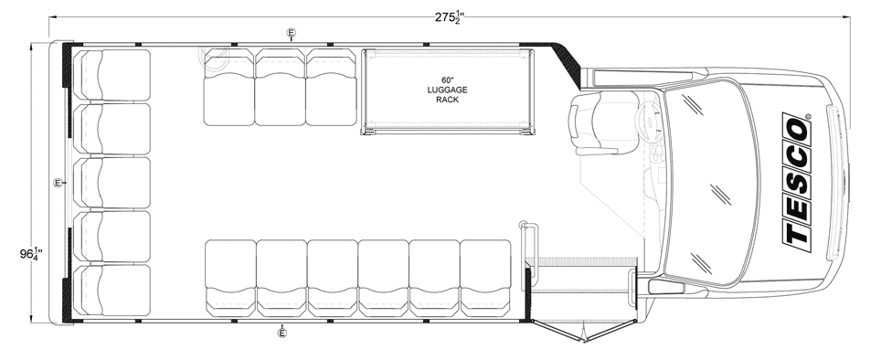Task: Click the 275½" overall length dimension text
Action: coord(449,17)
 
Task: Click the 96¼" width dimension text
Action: coord(30,254)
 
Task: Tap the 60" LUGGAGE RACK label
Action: coord(447,90)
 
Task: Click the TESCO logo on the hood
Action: coord(797,179)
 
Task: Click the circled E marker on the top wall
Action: coord(291,33)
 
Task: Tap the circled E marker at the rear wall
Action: coord(58,183)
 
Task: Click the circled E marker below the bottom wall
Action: coord(282,334)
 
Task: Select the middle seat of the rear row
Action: coord(112,183)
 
